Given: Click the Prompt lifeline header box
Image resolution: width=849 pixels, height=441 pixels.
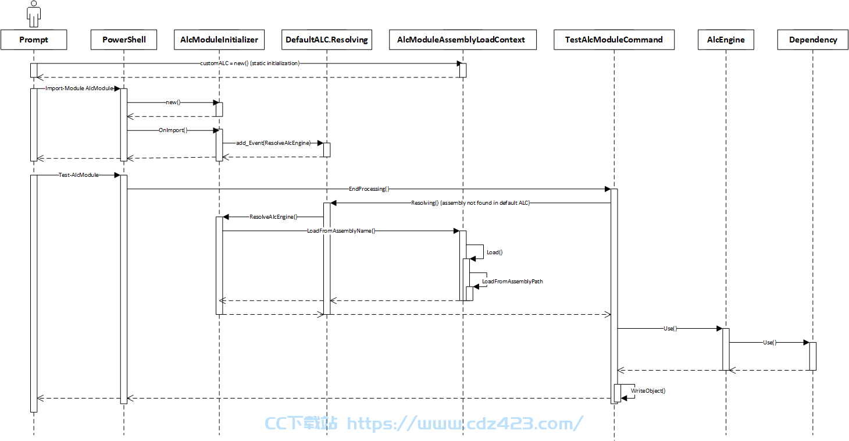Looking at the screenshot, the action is coord(34,40).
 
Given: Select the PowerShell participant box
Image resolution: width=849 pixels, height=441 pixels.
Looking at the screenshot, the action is coord(124,40).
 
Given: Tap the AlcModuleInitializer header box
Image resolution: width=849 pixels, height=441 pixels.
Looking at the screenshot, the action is coord(219,40).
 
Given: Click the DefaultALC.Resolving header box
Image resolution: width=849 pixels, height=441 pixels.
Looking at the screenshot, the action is coord(327,40).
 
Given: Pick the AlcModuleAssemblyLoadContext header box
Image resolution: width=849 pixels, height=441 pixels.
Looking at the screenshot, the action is coord(463,40).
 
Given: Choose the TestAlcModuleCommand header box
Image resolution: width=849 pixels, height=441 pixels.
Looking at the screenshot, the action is coord(614,40).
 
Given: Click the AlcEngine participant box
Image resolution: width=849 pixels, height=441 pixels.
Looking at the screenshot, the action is coord(726,40).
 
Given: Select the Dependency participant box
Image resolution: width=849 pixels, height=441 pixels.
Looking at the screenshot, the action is coord(812,40).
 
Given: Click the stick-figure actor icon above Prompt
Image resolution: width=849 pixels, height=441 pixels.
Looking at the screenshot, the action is coord(34,13).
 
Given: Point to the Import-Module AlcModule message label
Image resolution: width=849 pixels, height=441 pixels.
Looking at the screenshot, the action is coord(79,88).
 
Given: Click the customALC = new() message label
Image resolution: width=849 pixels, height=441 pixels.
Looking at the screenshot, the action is coord(250,63).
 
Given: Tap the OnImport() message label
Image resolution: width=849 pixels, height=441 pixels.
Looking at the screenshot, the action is coord(173,130).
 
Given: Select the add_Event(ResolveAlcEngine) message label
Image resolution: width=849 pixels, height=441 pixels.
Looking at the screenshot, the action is coord(273,143).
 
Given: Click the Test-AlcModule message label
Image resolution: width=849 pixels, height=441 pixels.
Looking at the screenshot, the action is coord(79,175).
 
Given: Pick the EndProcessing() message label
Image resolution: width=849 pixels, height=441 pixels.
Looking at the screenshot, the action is coord(369,189).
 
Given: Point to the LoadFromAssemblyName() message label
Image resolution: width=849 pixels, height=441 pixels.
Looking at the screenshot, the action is coord(341,231).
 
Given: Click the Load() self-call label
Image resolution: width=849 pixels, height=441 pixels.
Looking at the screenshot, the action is coord(495,252).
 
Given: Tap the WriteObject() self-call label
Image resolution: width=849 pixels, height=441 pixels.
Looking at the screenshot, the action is coord(648,391).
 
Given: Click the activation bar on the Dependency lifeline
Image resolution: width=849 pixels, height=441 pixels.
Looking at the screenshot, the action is coord(812,357).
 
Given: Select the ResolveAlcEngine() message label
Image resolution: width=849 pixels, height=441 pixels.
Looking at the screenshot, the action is coord(273,217).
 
